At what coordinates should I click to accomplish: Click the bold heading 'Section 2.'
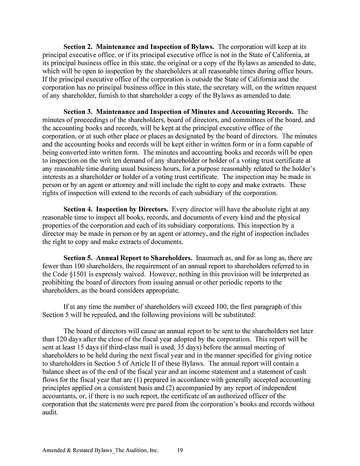[x=81, y=47]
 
